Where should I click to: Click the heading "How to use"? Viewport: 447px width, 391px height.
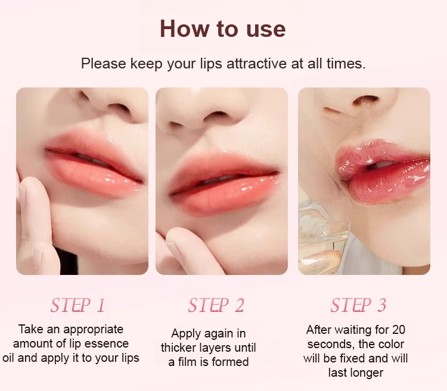tap(223, 29)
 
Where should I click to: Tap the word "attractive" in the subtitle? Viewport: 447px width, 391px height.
tap(256, 63)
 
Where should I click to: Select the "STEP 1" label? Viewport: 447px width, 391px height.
tap(77, 305)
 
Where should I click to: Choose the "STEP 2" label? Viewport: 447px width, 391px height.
tap(216, 305)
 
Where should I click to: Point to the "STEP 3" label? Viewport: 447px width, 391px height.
tap(358, 305)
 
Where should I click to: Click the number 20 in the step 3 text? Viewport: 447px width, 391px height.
tap(399, 330)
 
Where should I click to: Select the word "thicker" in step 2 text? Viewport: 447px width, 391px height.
tap(179, 348)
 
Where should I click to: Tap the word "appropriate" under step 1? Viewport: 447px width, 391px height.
tap(94, 330)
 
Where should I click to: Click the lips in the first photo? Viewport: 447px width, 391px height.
tap(94, 164)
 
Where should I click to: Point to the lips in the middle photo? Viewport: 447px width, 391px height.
tap(223, 182)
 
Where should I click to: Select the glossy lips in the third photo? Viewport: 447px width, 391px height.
tap(382, 171)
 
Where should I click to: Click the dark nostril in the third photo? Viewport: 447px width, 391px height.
tap(366, 100)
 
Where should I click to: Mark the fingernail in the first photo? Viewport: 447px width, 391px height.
tap(21, 193)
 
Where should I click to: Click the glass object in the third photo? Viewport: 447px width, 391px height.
tap(322, 236)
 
